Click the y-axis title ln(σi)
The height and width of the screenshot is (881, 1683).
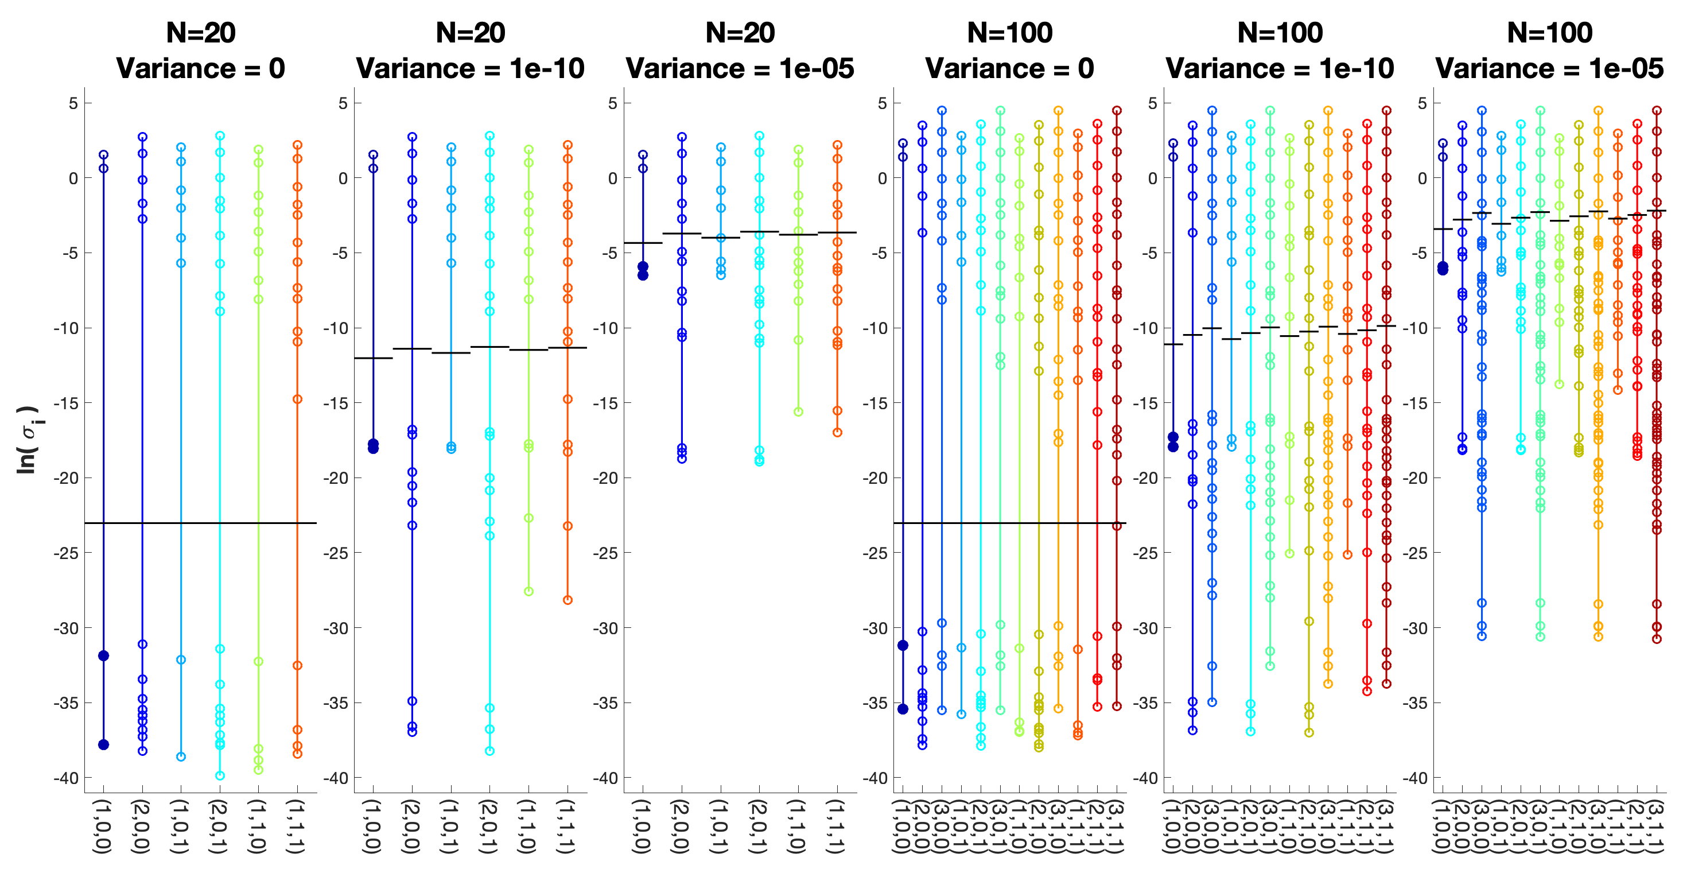28,439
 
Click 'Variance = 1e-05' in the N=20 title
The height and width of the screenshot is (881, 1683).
740,69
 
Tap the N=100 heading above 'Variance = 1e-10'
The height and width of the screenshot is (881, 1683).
1279,33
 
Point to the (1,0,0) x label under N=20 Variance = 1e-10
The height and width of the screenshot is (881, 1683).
372,826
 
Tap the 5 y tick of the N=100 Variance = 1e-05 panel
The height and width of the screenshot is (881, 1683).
1422,103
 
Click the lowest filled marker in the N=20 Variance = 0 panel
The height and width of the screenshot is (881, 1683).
103,744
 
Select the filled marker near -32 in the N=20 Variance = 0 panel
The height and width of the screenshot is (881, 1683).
103,655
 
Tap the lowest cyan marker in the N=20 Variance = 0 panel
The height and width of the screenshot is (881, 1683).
220,776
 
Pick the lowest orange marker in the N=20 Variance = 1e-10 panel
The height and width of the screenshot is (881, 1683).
568,600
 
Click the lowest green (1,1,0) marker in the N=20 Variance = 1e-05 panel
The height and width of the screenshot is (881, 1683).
798,412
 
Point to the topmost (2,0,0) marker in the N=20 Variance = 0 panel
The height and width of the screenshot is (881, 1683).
142,137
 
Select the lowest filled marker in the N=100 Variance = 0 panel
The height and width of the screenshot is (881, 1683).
903,709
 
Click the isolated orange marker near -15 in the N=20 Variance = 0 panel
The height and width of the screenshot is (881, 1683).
297,399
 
